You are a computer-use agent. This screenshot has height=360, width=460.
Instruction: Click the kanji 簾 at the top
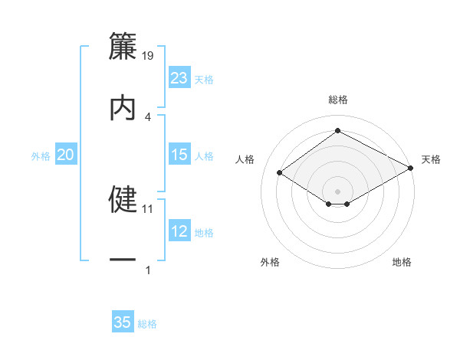coord(123,47)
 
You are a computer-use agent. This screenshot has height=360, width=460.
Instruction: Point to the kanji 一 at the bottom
coord(123,260)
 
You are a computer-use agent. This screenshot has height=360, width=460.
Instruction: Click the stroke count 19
coord(148,56)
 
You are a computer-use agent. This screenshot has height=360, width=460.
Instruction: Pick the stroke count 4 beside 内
coord(148,116)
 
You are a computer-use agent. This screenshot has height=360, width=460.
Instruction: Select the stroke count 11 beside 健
coord(148,208)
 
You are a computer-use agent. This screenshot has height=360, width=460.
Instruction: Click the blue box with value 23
coord(179,78)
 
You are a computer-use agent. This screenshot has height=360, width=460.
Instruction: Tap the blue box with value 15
coord(179,155)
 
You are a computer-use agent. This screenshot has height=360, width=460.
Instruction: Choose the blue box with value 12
coord(179,232)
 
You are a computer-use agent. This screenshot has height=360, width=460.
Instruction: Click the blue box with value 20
coord(66,155)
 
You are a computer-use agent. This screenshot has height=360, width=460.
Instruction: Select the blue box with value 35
coord(123,322)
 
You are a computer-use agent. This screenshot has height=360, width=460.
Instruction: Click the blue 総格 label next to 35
coord(147,324)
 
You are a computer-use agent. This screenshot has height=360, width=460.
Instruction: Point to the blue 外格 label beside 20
coord(41,156)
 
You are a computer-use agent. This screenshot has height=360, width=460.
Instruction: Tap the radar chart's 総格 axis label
coord(338,100)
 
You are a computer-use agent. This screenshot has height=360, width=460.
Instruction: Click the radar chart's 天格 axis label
coord(431,159)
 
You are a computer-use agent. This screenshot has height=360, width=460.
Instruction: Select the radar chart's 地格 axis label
coord(402,262)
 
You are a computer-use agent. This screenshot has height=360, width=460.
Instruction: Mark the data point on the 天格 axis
coord(411,167)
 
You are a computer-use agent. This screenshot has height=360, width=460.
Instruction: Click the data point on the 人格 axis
coord(281,172)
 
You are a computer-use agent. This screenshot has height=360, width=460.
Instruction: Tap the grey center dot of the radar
coord(338,191)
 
